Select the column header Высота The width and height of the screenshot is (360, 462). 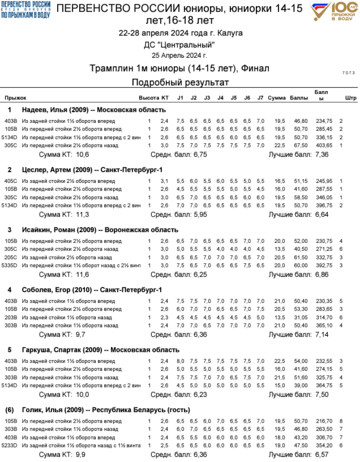(149, 98)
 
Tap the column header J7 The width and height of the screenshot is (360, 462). (260, 98)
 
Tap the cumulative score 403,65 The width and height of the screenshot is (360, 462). (324, 146)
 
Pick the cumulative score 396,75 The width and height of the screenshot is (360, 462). (324, 206)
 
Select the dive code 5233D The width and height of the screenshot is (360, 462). (10, 445)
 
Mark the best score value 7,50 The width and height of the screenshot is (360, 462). (322, 394)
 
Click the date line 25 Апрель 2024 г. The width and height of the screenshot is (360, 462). (180, 56)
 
